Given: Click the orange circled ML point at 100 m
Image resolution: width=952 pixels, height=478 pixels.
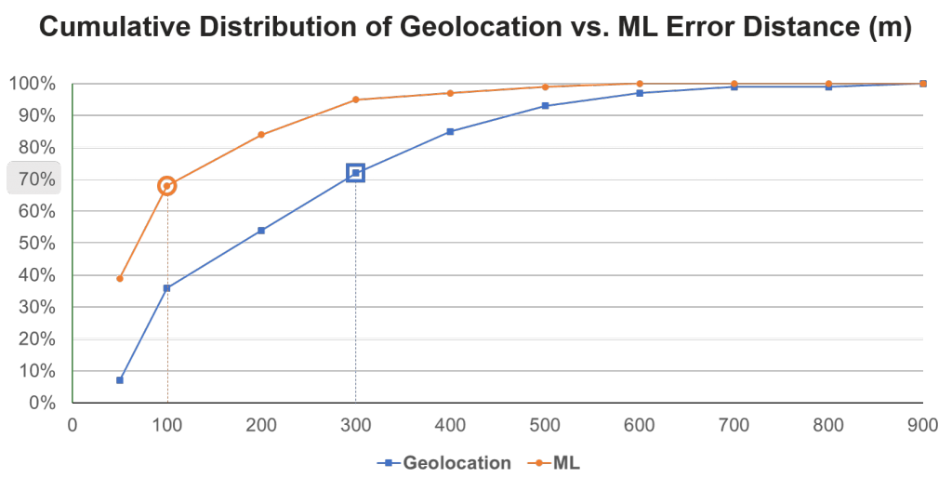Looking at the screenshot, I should [x=166, y=186].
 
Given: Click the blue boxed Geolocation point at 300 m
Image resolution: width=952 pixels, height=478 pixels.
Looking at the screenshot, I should [x=355, y=172].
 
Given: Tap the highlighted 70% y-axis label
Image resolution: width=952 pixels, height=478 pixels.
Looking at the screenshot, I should [x=33, y=179].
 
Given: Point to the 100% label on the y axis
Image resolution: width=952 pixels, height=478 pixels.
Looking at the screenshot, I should [x=33, y=84].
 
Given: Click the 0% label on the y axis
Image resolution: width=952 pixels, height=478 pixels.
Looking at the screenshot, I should [x=39, y=403].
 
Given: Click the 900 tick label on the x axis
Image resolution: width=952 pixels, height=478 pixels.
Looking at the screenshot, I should [x=921, y=425].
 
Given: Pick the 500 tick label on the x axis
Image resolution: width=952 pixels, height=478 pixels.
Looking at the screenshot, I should [x=544, y=425].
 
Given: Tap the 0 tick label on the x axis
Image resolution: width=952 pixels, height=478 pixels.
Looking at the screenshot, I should [x=73, y=425].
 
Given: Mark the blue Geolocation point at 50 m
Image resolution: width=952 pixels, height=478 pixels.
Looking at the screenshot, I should [x=120, y=379].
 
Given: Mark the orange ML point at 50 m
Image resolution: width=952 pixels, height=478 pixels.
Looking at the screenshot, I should [x=120, y=278].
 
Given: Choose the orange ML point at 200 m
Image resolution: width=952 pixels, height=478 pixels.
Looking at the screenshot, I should [x=261, y=134].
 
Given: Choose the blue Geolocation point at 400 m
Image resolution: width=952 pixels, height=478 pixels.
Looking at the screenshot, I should [x=450, y=131].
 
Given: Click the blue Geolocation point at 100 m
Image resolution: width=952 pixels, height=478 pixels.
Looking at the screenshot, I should [x=166, y=288].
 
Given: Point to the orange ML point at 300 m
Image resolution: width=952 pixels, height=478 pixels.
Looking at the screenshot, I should [x=355, y=100].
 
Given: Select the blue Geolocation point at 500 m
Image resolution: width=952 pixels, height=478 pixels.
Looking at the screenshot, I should [x=545, y=106].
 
